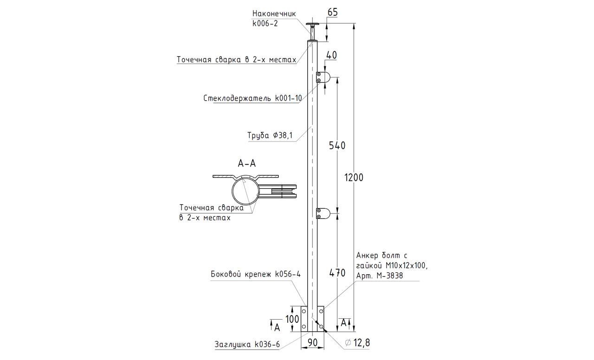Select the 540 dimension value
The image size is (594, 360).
337,146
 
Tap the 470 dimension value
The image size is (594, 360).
337,273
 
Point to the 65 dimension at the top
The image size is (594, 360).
332,13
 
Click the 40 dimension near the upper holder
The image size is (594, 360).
331,55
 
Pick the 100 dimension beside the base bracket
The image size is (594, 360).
292,319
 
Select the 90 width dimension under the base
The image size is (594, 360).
312,343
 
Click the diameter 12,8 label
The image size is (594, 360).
357,343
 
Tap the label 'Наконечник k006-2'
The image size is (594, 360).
274,19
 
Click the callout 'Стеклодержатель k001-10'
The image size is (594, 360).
252,98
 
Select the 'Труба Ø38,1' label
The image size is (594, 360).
270,135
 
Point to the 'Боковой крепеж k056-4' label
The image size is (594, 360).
256,274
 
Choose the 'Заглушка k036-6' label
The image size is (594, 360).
247,345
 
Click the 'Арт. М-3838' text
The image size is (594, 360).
379,276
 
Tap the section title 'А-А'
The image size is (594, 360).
246,163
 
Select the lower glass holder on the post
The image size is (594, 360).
323,213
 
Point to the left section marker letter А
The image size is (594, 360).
277,328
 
